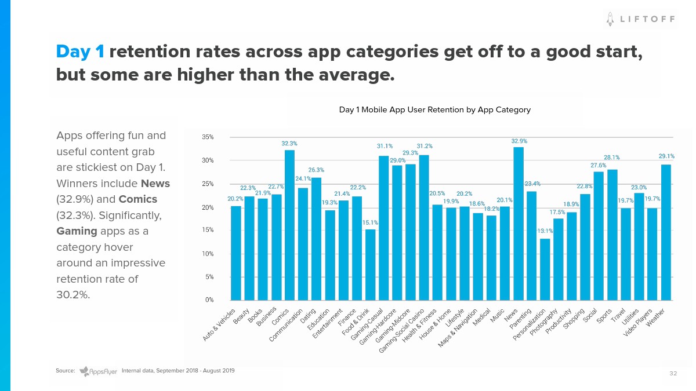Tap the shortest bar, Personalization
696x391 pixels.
click(545, 269)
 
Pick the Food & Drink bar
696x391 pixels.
click(370, 264)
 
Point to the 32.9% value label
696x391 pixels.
click(519, 141)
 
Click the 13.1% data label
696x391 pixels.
click(545, 231)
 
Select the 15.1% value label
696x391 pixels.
click(370, 222)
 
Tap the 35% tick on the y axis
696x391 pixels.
click(208, 137)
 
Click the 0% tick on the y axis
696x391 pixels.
click(209, 300)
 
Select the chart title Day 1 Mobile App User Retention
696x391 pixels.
click(434, 109)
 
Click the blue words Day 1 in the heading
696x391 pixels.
click(80, 52)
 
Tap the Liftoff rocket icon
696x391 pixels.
click(610, 19)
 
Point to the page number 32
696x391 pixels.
click(673, 373)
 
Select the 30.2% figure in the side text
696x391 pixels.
click(72, 294)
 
